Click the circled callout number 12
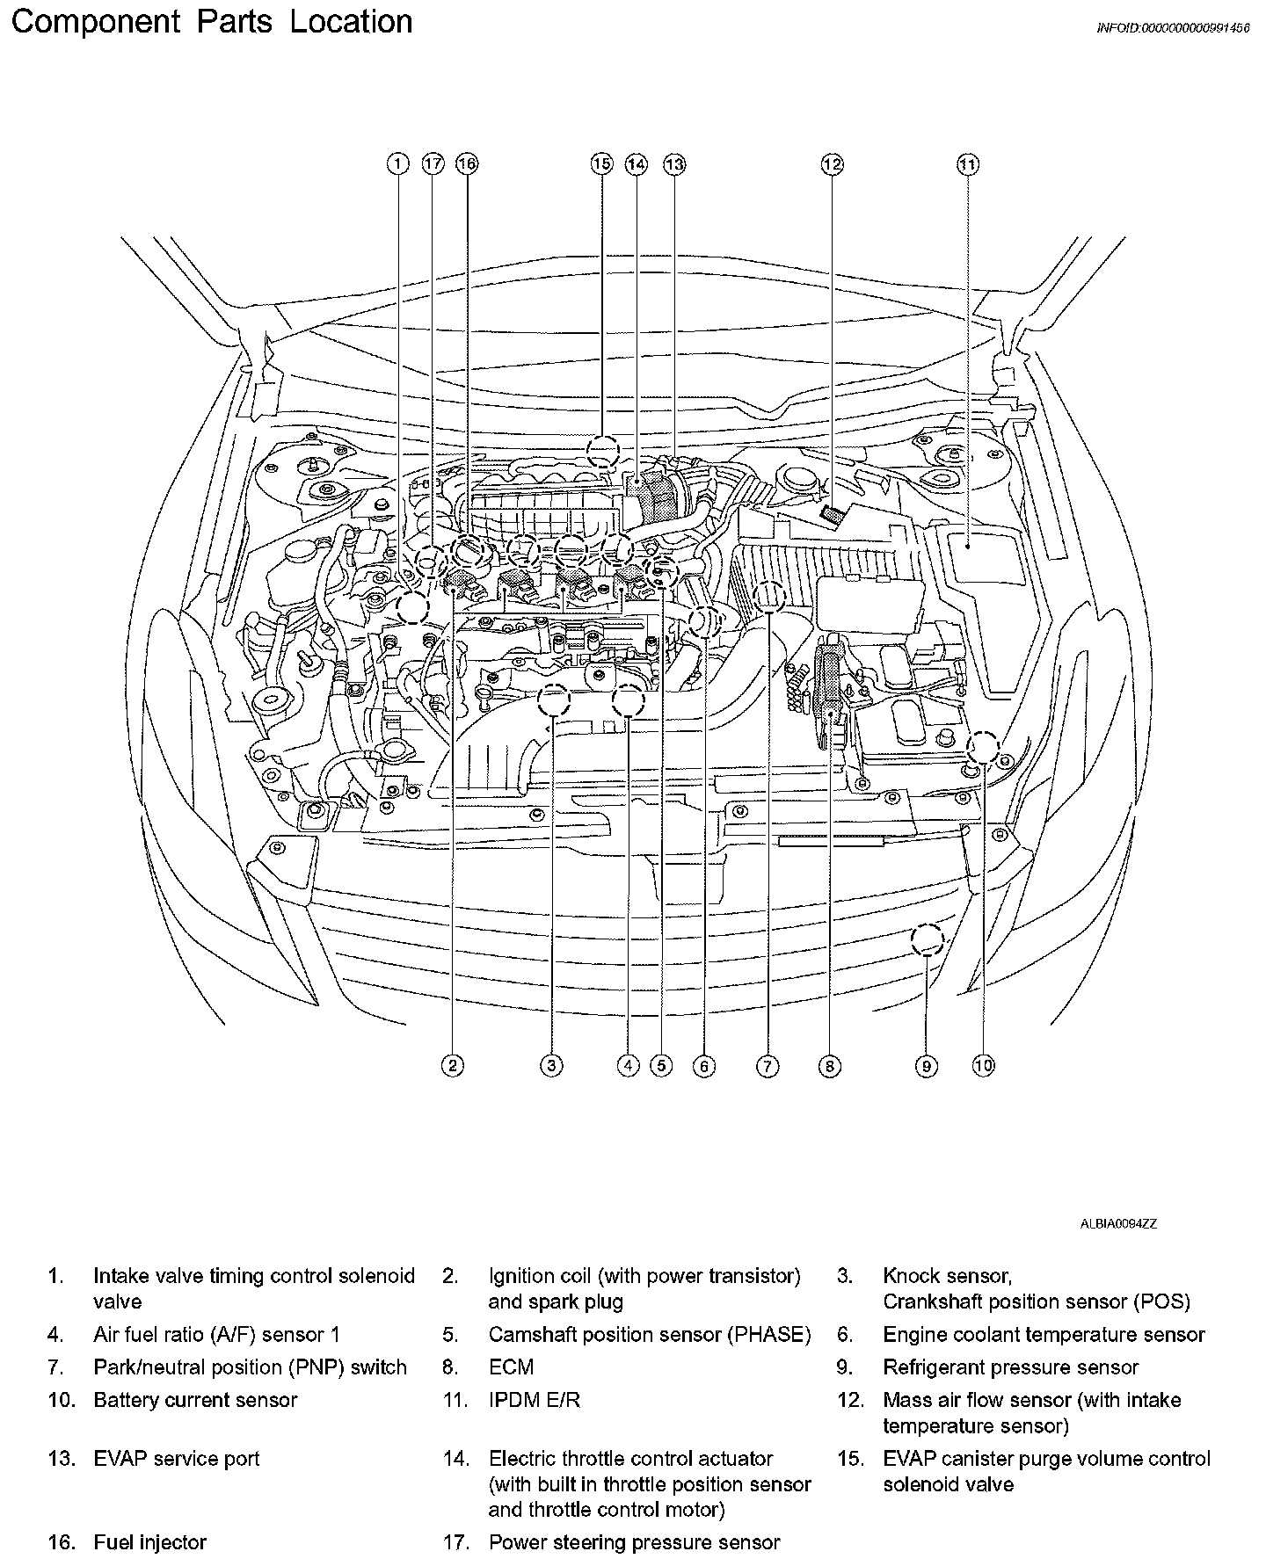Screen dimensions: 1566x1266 pyautogui.click(x=832, y=164)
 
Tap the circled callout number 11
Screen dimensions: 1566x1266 pyautogui.click(x=968, y=164)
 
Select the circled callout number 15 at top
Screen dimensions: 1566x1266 pyautogui.click(x=601, y=164)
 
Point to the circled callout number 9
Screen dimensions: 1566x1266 pyautogui.click(x=926, y=1066)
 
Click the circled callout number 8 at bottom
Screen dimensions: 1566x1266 pyautogui.click(x=829, y=1066)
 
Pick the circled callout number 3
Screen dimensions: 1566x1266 pyautogui.click(x=551, y=1066)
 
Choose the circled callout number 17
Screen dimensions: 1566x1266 pyautogui.click(x=433, y=164)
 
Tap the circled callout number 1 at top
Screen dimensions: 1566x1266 pyautogui.click(x=398, y=164)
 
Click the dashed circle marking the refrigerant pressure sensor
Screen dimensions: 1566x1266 pyautogui.click(x=927, y=941)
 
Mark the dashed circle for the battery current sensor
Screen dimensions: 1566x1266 pyautogui.click(x=984, y=749)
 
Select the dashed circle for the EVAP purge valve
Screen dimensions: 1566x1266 pyautogui.click(x=603, y=452)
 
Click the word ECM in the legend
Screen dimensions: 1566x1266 pyautogui.click(x=511, y=1367)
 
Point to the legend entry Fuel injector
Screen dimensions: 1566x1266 pyautogui.click(x=149, y=1542)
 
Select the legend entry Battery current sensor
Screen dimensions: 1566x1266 pyautogui.click(x=195, y=1400)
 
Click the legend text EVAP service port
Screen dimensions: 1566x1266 pyautogui.click(x=176, y=1459)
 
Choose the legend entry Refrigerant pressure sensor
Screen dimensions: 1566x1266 pyautogui.click(x=1010, y=1367)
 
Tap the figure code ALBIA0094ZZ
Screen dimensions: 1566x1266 pyautogui.click(x=1118, y=1223)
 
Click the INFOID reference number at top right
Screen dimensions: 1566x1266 pyautogui.click(x=1173, y=28)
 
